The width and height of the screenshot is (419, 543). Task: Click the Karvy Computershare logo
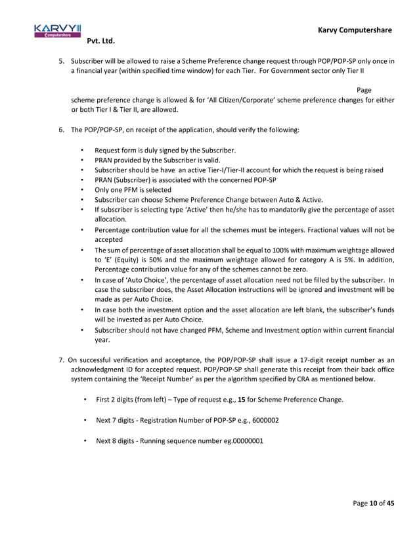[x=57, y=30]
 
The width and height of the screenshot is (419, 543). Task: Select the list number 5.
[x=61, y=61]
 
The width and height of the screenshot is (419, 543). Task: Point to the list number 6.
[x=61, y=130]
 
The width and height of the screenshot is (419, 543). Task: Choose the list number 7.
[x=61, y=360]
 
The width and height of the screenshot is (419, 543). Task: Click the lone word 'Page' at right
[x=364, y=90]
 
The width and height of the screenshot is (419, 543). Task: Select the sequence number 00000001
[x=242, y=440]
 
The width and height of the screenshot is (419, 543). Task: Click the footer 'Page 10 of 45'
[x=373, y=504]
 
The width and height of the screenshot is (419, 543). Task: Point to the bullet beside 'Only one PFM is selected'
[x=81, y=190]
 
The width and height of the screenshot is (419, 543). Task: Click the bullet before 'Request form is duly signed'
[x=81, y=151]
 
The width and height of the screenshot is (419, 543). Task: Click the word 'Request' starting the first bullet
[x=108, y=151]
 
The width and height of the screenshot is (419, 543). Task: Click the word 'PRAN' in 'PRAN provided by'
[x=104, y=160]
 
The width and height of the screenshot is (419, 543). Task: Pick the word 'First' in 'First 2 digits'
[x=104, y=400]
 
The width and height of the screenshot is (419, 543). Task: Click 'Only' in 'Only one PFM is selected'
[x=102, y=190]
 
